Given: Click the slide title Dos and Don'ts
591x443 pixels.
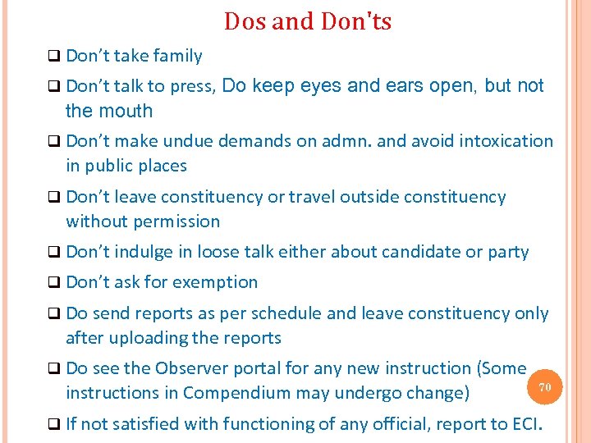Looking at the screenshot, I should pyautogui.click(x=308, y=21).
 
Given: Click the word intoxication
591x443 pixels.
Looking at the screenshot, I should pyautogui.click(x=506, y=141).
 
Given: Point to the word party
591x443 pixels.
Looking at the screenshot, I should pyautogui.click(x=508, y=252).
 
